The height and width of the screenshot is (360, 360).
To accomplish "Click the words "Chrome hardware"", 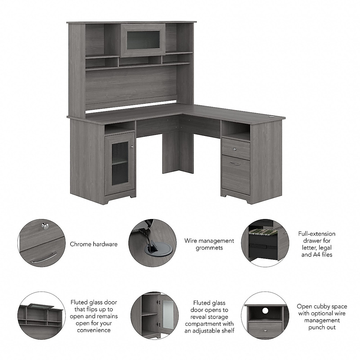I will [94, 244].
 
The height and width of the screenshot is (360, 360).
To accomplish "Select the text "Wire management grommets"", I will [209, 244].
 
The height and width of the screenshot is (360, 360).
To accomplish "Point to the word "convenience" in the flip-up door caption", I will [94, 330].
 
